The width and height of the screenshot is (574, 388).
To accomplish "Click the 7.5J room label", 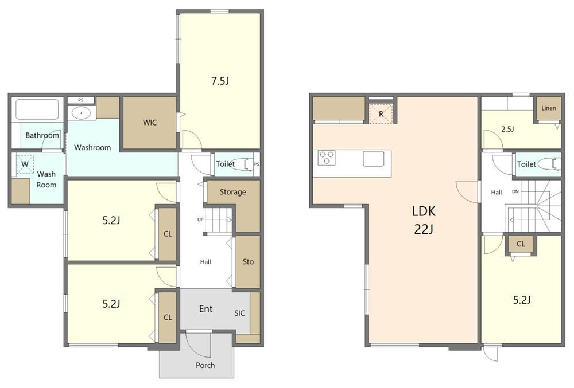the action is (x=220, y=81).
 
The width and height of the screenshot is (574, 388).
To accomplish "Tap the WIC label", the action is (x=150, y=123).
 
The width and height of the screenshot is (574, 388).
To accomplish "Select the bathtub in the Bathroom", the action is (x=37, y=109).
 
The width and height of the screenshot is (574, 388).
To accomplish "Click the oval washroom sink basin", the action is (x=82, y=113).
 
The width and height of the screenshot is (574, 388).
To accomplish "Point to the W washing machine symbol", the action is (x=25, y=164).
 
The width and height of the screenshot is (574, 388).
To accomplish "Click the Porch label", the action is (x=205, y=365).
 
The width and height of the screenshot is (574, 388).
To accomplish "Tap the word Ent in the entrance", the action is (x=205, y=309).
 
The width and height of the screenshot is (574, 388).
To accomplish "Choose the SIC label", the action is (x=239, y=313).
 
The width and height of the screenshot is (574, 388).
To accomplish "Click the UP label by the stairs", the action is (x=200, y=220).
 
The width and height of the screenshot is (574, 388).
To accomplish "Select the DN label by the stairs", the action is (x=515, y=191).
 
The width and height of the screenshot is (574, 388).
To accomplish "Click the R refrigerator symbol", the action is (x=381, y=114).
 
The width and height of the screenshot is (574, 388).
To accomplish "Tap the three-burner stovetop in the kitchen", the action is (x=327, y=158).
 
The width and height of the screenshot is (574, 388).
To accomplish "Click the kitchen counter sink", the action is (x=374, y=159).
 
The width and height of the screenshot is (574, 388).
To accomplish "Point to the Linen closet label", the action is (x=548, y=108).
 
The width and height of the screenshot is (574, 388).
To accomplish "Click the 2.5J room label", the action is (x=507, y=129).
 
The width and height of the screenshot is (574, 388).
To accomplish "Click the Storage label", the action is (x=232, y=192).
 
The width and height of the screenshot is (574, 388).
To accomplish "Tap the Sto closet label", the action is (x=248, y=261).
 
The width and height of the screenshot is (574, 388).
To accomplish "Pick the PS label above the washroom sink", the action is (x=80, y=100).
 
